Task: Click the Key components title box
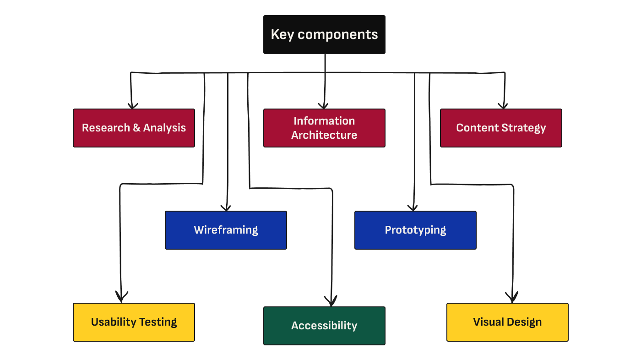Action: pos(324,35)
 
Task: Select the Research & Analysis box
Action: pos(134,128)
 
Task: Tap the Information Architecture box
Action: pos(324,128)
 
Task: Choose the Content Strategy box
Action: pos(501,128)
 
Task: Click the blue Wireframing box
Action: pos(226,230)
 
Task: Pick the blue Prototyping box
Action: pos(415,230)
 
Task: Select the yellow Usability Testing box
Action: pos(134,322)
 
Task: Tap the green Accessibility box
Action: pos(324,326)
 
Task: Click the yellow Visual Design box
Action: pos(507,322)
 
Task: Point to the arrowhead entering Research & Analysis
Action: pos(133,105)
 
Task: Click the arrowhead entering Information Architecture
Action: pos(324,105)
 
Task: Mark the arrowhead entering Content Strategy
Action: pos(503,105)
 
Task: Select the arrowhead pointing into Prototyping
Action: pos(413,207)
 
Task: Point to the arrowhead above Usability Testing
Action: pos(121,298)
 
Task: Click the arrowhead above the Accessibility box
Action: pos(331,301)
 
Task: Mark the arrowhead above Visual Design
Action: pos(512,298)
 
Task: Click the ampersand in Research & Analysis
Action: pos(136,128)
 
